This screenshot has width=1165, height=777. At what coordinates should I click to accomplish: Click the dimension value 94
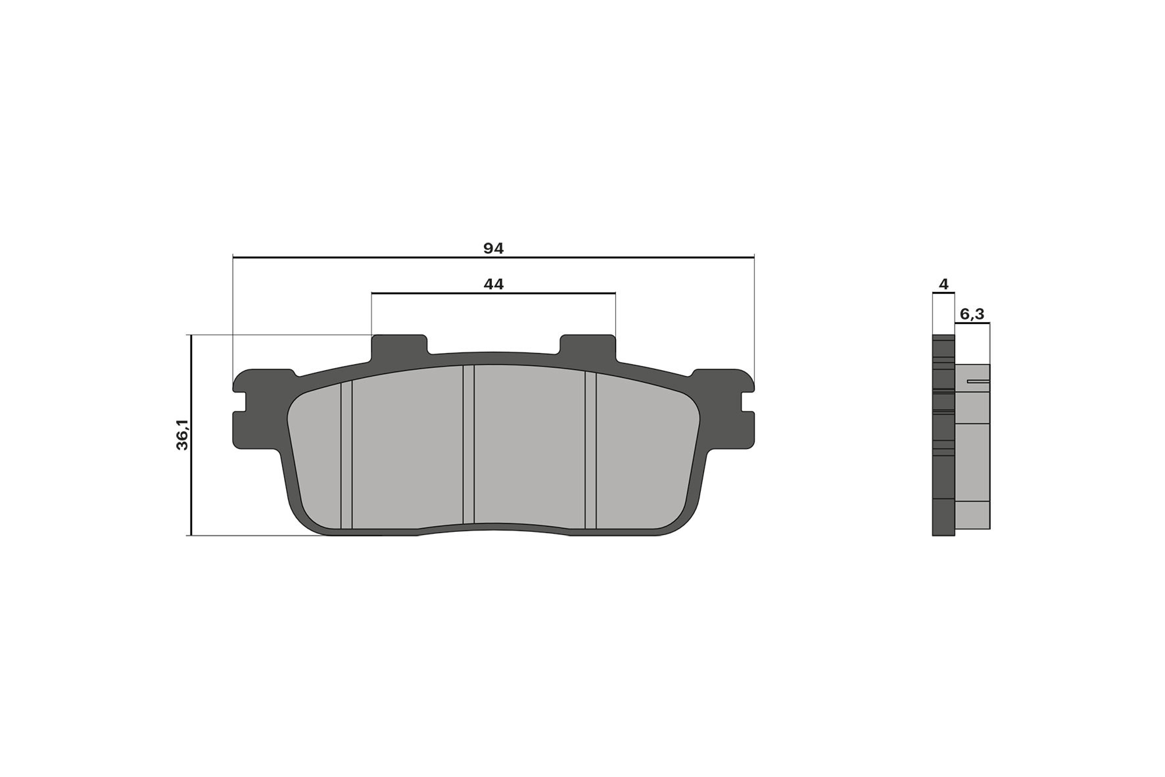point(493,248)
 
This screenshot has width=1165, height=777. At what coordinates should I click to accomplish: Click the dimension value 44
point(493,284)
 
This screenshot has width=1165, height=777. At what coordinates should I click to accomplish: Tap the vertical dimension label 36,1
point(182,435)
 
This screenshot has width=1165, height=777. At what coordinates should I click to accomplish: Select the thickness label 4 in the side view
point(944,284)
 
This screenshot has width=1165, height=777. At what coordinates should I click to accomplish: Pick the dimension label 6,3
point(972,314)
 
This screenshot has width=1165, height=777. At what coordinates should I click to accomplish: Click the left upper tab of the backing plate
point(399,346)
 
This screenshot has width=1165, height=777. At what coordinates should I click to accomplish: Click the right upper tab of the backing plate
point(588,346)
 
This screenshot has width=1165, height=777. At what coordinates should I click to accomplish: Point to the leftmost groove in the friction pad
point(346,454)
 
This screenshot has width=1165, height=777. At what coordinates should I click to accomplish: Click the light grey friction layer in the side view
point(972,460)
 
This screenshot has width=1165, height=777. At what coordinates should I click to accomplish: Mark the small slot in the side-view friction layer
point(978,381)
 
